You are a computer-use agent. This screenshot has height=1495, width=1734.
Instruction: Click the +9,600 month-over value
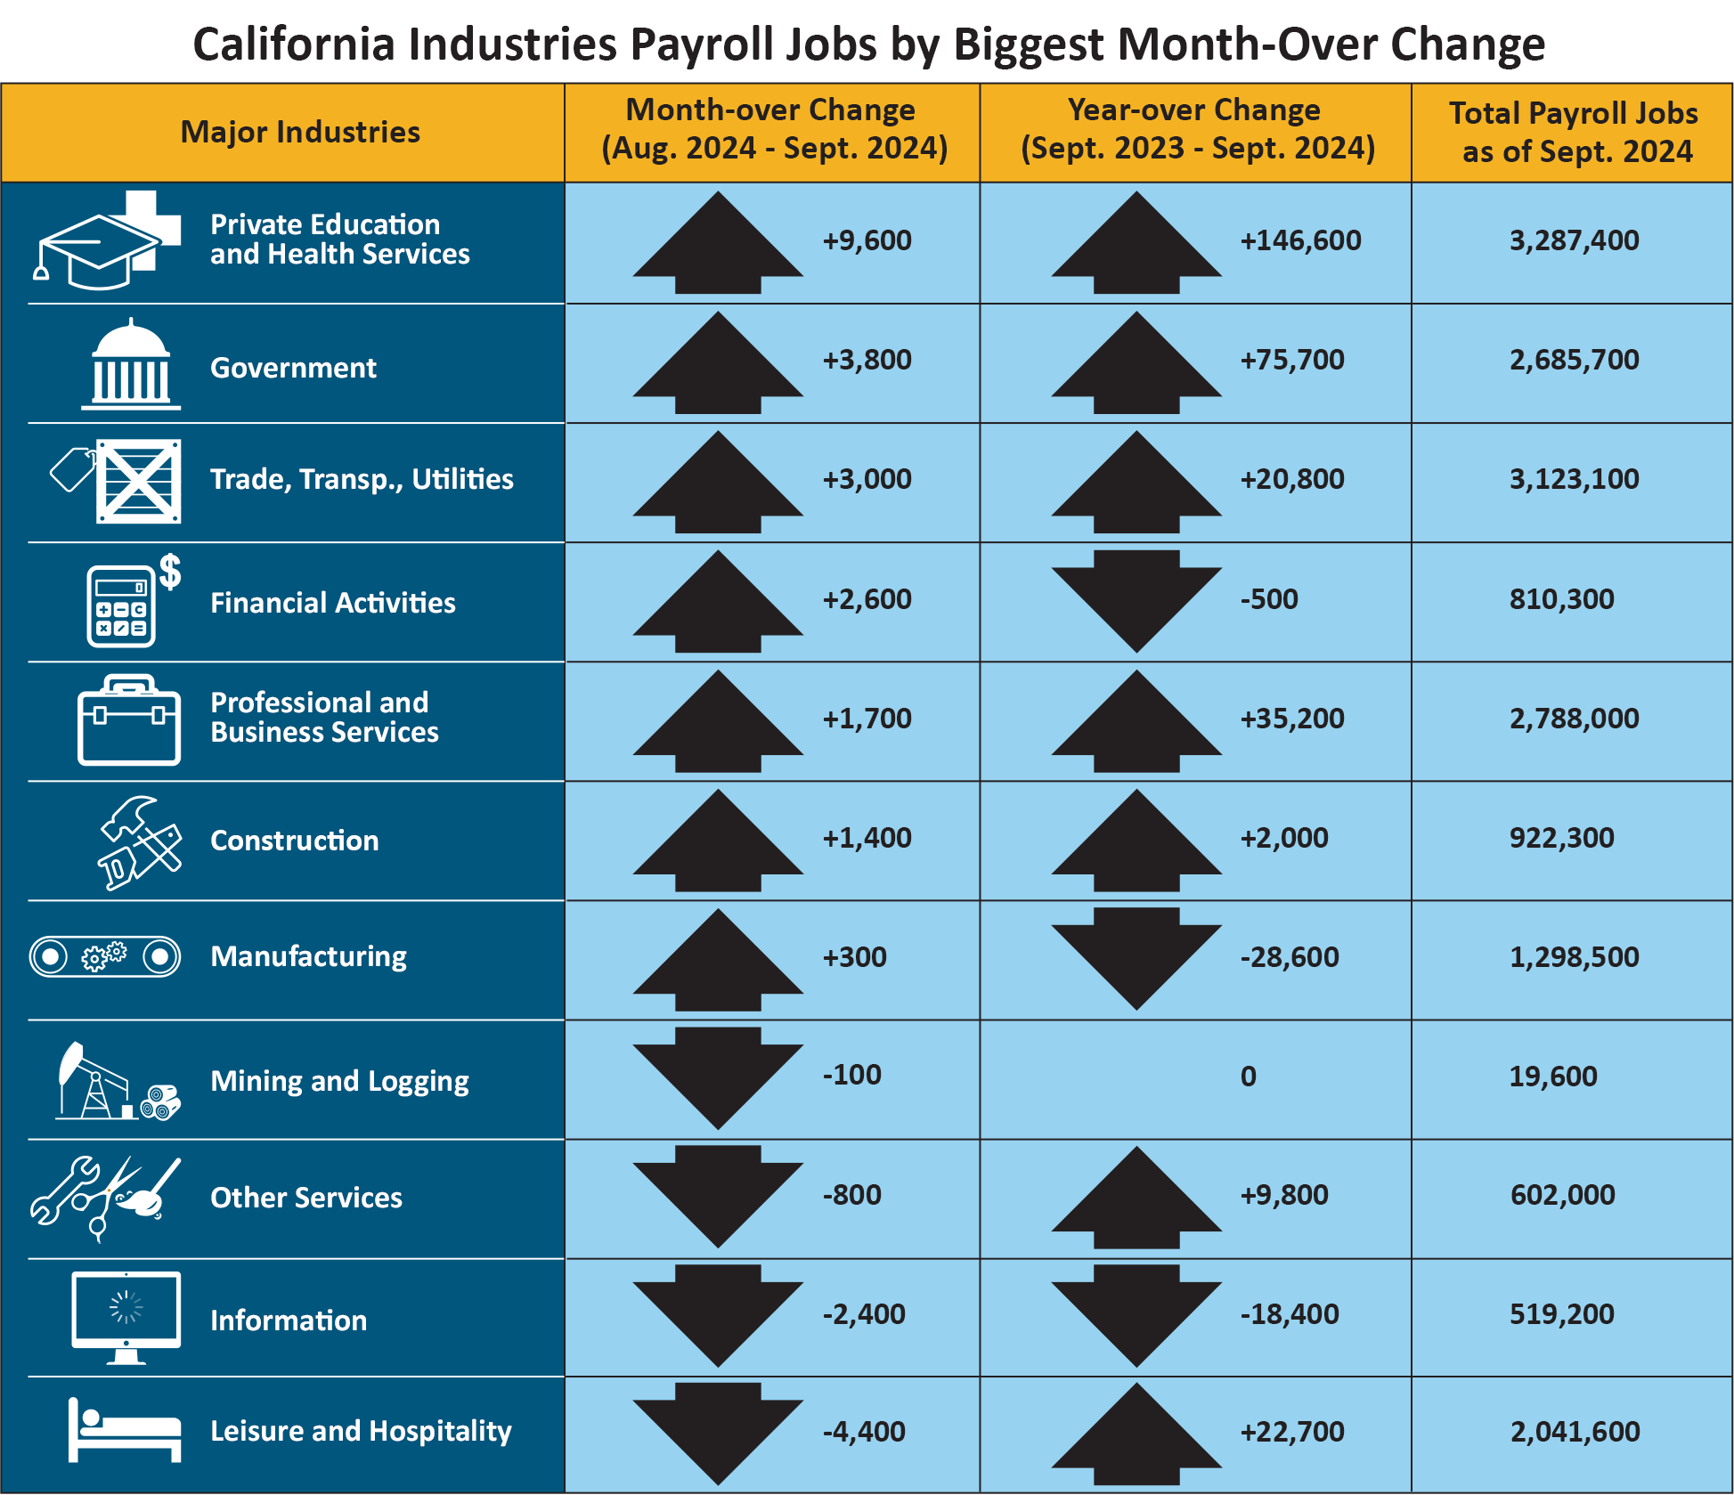pyautogui.click(x=867, y=240)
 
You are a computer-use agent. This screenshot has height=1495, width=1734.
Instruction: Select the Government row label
pyautogui.click(x=293, y=368)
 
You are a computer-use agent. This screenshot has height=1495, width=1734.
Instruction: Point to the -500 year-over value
pyautogui.click(x=1269, y=599)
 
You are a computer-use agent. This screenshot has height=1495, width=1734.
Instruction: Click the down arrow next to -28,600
pyautogui.click(x=1136, y=957)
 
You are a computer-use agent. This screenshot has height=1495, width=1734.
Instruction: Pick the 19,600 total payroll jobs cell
pyautogui.click(x=1552, y=1077)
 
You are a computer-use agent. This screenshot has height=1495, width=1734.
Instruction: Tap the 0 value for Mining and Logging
pyautogui.click(x=1248, y=1077)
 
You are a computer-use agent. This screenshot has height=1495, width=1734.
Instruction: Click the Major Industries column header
pyautogui.click(x=300, y=132)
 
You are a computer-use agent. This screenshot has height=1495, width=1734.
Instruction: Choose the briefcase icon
pyautogui.click(x=129, y=721)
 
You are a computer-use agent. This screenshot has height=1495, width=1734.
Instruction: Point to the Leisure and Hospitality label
pyautogui.click(x=361, y=1431)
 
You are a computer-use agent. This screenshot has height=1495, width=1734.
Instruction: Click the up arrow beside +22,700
pyautogui.click(x=1136, y=1434)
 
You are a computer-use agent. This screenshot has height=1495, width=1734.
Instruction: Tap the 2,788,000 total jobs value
pyautogui.click(x=1574, y=719)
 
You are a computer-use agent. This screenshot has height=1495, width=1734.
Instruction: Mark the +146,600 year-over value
pyautogui.click(x=1300, y=240)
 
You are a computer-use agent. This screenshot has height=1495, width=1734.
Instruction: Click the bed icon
pyautogui.click(x=125, y=1430)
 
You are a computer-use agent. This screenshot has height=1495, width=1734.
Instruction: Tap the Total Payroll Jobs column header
pyautogui.click(x=1574, y=132)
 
